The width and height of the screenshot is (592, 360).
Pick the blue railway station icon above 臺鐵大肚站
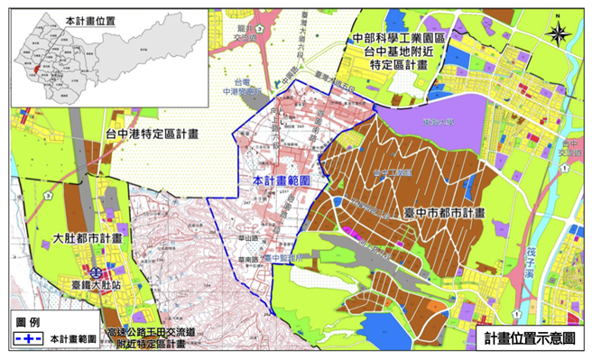[94, 269]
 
